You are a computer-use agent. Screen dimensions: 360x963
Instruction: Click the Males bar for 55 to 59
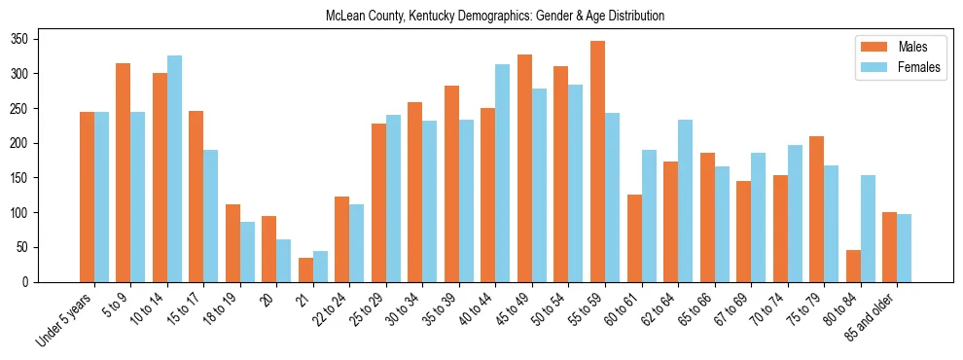point(597,162)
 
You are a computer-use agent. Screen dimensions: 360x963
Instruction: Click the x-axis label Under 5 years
point(66,319)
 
